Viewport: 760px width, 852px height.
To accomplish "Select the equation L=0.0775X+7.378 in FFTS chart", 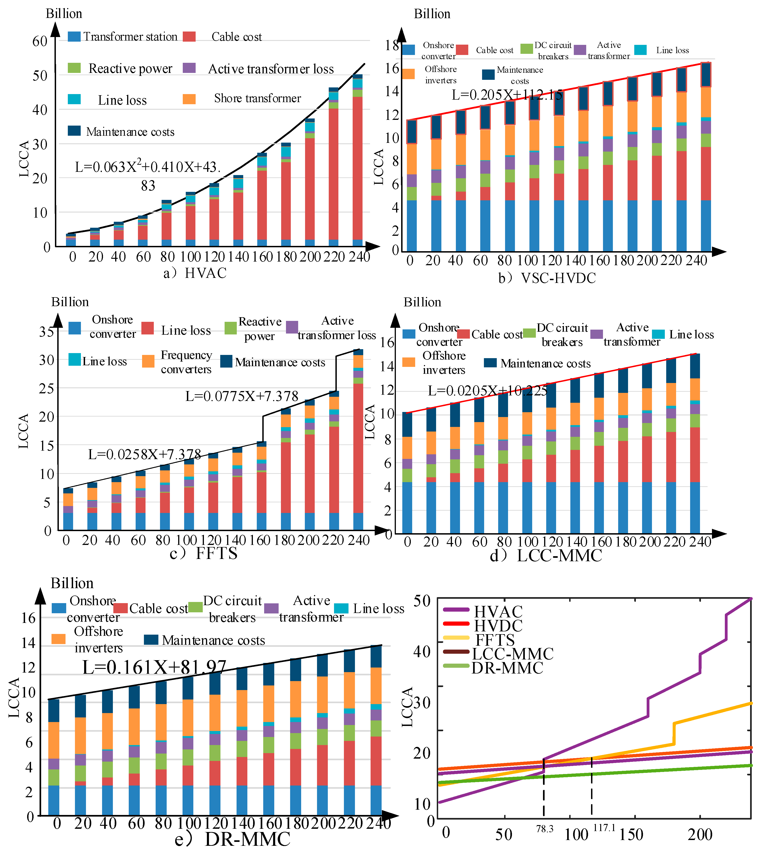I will point(242,396).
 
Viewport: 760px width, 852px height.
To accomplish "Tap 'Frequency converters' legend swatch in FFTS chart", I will point(148,361).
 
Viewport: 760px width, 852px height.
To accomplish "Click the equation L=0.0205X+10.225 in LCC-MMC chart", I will point(487,391).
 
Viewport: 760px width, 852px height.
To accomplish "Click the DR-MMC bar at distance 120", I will point(215,744).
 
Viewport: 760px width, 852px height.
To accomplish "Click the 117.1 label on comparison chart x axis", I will point(604,827).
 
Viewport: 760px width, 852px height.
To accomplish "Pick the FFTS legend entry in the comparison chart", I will point(495,640).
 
